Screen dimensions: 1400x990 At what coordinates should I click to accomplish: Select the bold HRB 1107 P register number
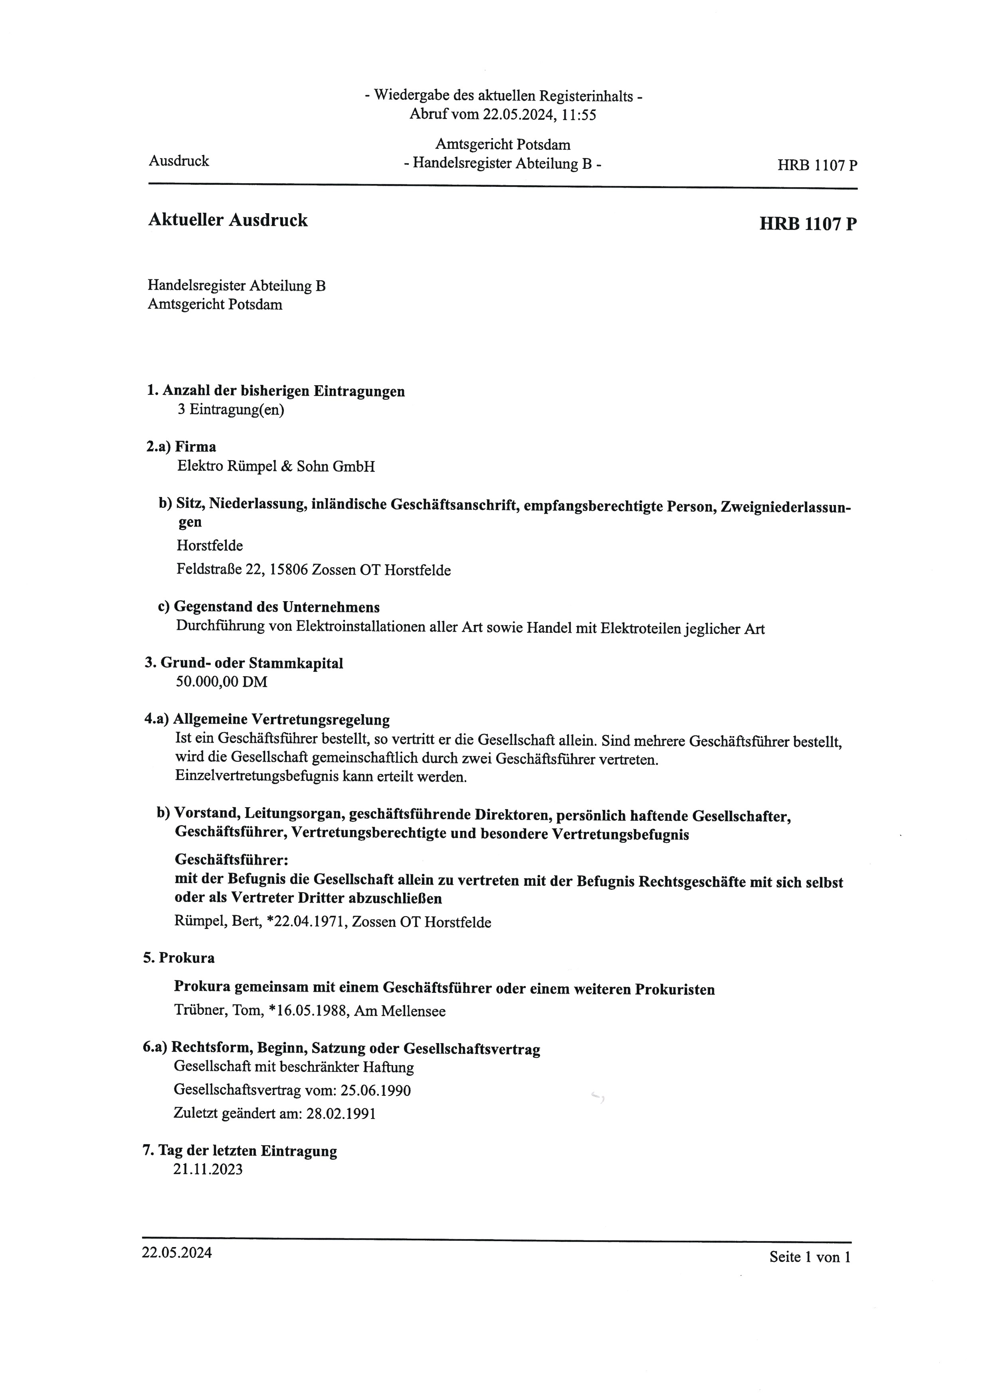[808, 224]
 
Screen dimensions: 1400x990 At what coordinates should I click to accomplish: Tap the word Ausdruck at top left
[178, 161]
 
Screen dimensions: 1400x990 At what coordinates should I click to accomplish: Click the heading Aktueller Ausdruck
[228, 220]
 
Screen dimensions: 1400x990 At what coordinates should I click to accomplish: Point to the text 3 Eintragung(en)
[230, 409]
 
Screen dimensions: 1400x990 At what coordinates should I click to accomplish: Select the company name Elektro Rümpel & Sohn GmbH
[275, 466]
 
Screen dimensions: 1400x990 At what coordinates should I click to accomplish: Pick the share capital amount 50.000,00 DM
[221, 682]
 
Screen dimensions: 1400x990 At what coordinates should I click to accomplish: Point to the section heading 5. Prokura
[178, 958]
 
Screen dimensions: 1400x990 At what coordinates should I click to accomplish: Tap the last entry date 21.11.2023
[208, 1170]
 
